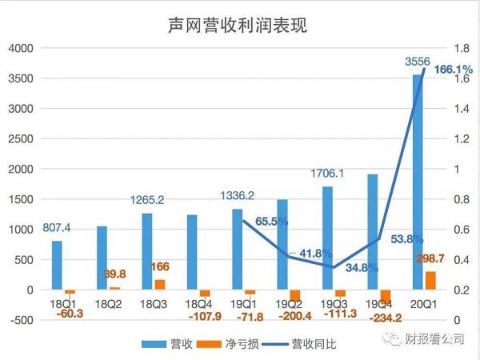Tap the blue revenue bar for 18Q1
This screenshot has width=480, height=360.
pos(57,265)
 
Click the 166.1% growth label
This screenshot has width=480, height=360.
pos(454,71)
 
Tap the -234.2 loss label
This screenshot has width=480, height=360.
pos(386,318)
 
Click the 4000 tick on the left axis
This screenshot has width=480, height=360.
pos(21,48)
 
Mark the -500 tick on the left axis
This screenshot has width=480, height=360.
pos(22,320)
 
